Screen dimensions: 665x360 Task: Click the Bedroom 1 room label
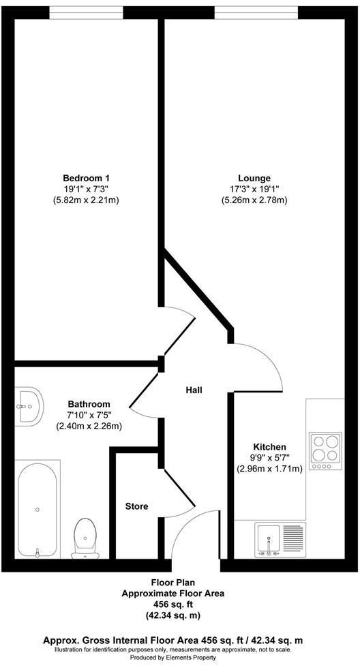coord(87,179)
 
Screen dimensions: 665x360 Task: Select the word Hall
coord(194,390)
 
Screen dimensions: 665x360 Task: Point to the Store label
coord(136,506)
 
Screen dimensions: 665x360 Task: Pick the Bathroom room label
coord(89,404)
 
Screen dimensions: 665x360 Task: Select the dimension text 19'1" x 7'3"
coord(87,189)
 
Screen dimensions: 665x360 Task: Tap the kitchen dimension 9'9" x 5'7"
coord(269,458)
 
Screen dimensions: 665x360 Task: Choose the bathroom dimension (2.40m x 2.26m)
coord(89,427)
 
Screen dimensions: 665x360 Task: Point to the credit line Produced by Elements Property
coord(180,658)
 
